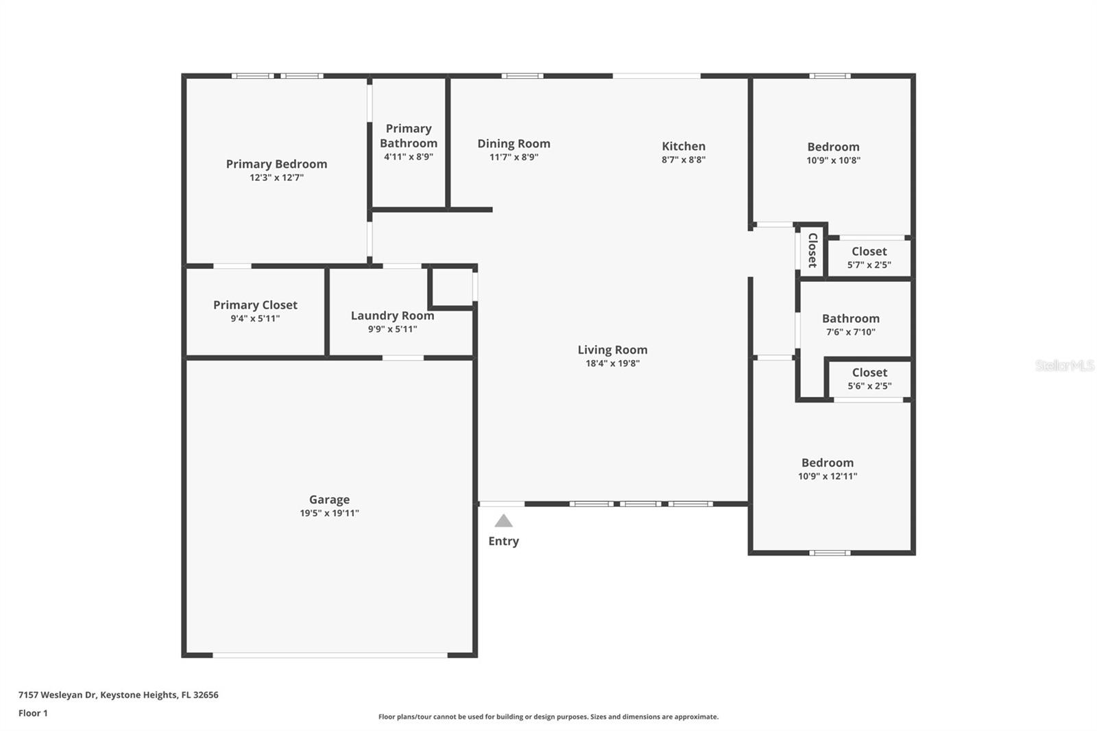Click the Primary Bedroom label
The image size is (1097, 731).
click(276, 164)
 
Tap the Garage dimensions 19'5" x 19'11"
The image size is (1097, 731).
click(329, 513)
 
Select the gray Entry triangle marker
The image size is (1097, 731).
click(503, 521)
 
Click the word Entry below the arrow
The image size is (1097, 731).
click(503, 541)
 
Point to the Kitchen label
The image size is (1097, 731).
click(683, 146)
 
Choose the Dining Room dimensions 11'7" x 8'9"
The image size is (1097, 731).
click(514, 157)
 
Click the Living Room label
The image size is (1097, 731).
click(612, 350)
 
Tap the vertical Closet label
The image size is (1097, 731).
click(812, 250)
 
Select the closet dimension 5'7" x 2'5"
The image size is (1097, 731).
click(869, 265)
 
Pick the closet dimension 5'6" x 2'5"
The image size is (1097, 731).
click(869, 386)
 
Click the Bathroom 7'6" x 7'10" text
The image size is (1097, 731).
click(850, 332)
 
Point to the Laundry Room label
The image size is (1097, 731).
click(392, 315)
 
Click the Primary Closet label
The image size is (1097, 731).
click(255, 305)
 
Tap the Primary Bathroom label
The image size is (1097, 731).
click(409, 136)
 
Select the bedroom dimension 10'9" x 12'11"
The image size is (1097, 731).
click(827, 476)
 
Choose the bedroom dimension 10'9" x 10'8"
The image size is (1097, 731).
click(833, 160)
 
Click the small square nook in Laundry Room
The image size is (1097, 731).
click(452, 287)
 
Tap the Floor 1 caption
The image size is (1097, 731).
click(33, 713)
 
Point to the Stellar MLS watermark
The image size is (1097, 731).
click(1064, 365)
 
